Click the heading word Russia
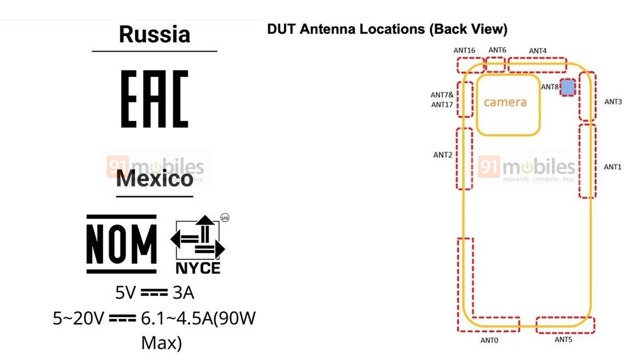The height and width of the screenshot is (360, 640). tap(155, 35)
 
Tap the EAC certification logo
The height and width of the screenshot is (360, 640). tap(155, 99)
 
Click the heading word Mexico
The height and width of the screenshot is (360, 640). tap(155, 179)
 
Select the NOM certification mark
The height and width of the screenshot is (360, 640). tap(122, 244)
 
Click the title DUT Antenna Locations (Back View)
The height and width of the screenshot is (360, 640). tap(387, 29)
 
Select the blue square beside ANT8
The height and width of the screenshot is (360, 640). tap(568, 87)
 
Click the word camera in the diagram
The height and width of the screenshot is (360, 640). tap(505, 102)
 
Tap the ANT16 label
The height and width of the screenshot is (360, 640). tap(465, 51)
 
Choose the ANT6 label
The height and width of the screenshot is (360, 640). tap(497, 50)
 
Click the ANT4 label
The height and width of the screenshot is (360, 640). tap(538, 51)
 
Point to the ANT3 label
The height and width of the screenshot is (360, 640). tap(613, 101)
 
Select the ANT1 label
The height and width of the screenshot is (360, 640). tap(613, 167)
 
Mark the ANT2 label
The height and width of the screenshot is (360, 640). tap(443, 155)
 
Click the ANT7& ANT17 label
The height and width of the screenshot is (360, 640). tap(442, 100)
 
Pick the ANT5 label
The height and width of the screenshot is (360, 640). tap(563, 339)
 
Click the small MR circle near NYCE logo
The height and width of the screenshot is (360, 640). tap(224, 218)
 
